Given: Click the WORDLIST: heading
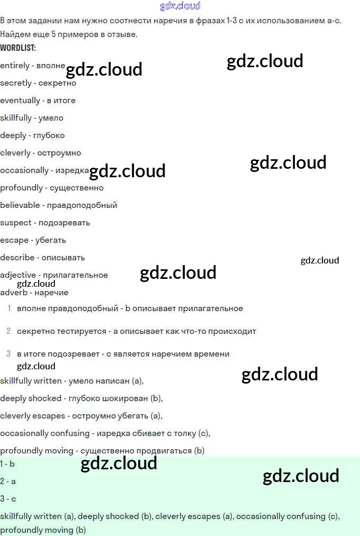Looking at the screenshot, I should click(18, 48).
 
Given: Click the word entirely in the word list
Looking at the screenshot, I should click(15, 66).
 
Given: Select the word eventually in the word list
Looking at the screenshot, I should click(20, 101).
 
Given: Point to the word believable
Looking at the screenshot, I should click(21, 205).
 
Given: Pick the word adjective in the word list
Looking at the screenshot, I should click(18, 275).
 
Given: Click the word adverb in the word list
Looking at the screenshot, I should click(14, 293).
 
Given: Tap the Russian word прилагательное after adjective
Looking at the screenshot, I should click(75, 275).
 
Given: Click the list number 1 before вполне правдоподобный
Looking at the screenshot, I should click(10, 308).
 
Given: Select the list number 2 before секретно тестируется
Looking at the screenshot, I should click(8, 331).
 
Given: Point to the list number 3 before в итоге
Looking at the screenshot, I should click(8, 353).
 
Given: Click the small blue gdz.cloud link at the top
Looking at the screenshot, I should click(180, 6).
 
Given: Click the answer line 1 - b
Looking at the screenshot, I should click(7, 464).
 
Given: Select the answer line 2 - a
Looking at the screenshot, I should click(8, 482).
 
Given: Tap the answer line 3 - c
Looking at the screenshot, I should click(8, 499).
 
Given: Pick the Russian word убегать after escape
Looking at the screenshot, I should click(51, 240).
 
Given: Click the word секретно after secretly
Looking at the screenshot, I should click(57, 83).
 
